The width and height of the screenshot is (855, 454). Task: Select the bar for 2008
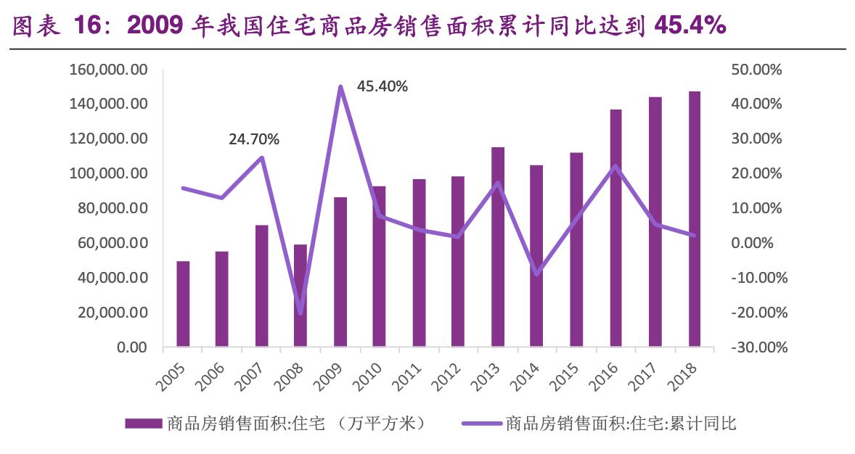pos(301,296)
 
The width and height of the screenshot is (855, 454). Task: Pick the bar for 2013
pos(498,247)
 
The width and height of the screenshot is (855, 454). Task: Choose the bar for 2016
pos(616,228)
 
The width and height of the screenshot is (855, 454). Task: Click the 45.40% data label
pos(382,87)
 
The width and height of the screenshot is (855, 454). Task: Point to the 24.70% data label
pos(254,139)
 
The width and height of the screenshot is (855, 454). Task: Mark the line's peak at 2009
pos(340,86)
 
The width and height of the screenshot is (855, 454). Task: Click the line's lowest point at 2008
pos(301,313)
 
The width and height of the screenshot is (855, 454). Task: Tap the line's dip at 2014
pos(537,274)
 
